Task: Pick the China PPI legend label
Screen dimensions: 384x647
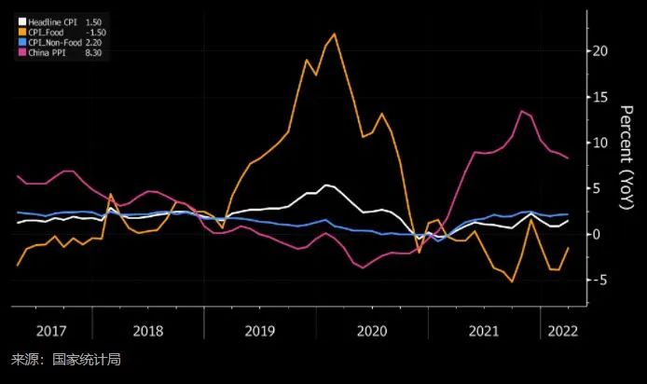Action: point(46,51)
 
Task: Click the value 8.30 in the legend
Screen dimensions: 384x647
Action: point(93,51)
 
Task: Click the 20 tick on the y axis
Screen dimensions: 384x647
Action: point(600,50)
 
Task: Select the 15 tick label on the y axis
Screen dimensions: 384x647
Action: point(600,96)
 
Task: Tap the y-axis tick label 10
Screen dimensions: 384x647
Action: point(600,142)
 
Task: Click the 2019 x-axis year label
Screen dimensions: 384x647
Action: point(261,331)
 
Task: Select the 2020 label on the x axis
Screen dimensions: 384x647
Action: point(372,331)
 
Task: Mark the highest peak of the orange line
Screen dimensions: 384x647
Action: point(334,34)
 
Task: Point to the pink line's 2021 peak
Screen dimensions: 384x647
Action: point(522,111)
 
